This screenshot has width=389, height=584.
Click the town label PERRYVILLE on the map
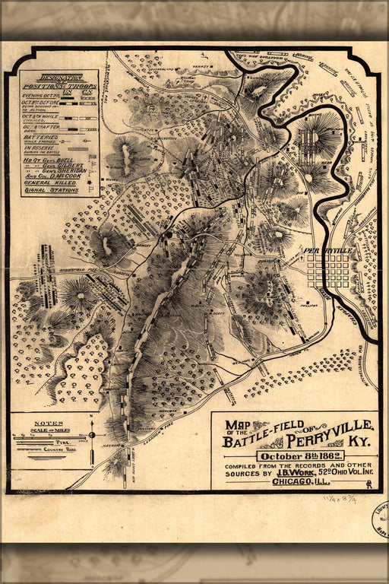click(328, 249)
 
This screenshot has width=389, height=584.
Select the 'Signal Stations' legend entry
click(50, 190)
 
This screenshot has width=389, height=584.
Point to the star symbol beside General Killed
click(90, 182)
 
